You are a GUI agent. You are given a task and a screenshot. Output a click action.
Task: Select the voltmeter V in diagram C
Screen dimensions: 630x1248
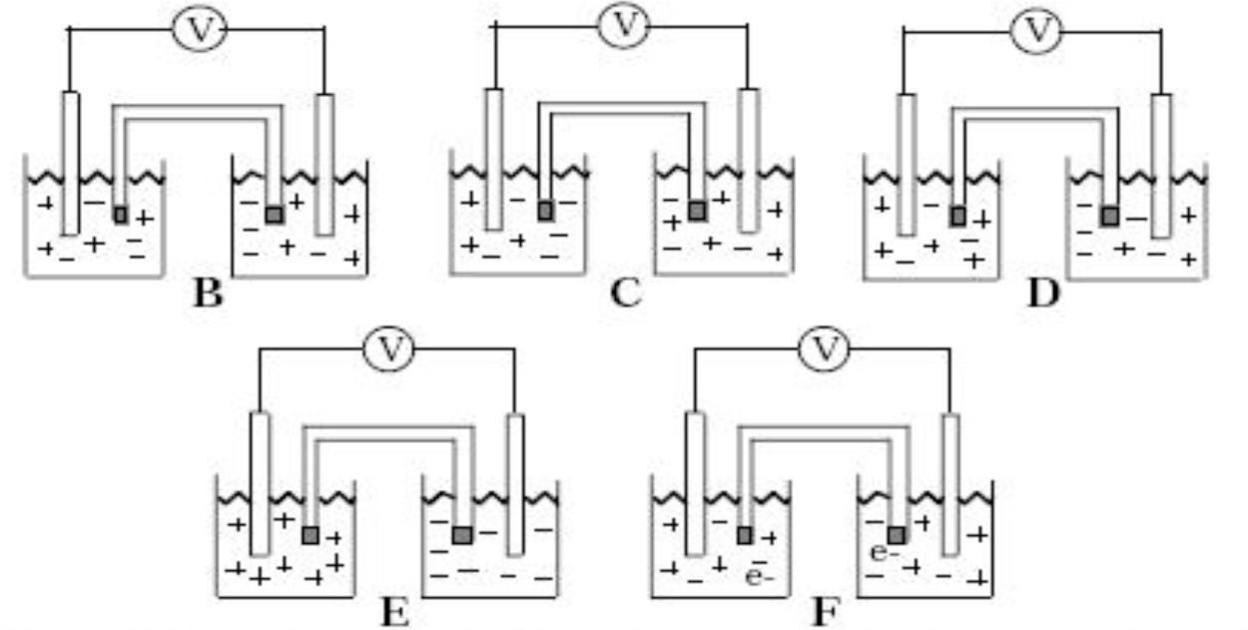click(624, 26)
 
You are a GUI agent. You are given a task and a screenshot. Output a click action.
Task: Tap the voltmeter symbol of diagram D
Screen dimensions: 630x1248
click(1037, 31)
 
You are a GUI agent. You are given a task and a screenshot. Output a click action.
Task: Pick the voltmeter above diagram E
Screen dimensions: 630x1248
click(391, 349)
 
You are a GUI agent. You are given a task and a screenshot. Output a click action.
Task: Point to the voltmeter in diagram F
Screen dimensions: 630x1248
click(825, 349)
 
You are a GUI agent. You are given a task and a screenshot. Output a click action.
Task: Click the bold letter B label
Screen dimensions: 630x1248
click(207, 294)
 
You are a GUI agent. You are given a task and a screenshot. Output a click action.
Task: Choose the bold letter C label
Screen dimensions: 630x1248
click(624, 294)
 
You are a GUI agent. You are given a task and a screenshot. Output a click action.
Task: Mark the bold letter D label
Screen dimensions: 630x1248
click(1042, 294)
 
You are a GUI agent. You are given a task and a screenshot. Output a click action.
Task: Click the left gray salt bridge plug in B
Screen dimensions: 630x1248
click(121, 214)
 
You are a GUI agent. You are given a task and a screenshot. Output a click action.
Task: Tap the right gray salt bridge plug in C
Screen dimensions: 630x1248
click(697, 211)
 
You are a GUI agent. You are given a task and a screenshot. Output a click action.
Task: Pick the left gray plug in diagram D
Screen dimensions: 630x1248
click(957, 215)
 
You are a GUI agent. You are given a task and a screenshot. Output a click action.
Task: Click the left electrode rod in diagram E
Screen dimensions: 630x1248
click(260, 483)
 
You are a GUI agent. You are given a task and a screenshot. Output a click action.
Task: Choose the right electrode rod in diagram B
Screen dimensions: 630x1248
click(324, 165)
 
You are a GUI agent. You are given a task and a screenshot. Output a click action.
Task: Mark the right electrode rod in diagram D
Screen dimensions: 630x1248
click(1160, 166)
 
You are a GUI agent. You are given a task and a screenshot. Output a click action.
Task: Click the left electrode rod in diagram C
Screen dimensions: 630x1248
click(493, 160)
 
